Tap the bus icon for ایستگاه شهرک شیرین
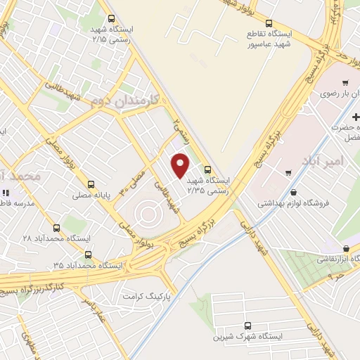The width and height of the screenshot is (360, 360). coord(247,326)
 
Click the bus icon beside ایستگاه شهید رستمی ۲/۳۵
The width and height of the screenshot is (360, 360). coord(207,169)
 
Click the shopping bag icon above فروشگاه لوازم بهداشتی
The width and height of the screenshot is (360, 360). coord(294,192)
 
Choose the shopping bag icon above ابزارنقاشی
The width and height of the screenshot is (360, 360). coord(347,248)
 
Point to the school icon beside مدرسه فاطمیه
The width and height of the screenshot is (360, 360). coord(6,193)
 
